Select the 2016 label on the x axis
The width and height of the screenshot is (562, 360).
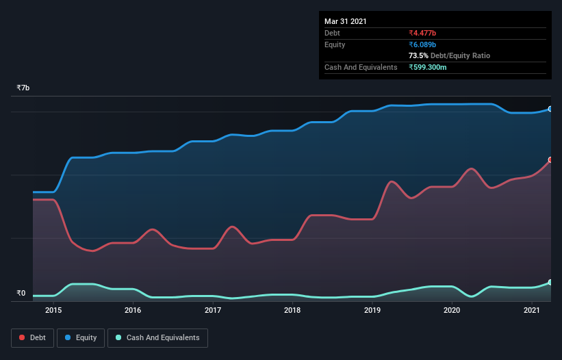point(133,311)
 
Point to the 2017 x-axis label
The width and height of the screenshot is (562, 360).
point(213,311)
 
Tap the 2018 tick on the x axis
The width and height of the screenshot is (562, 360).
point(292,311)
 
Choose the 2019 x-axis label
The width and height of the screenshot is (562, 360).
point(372,311)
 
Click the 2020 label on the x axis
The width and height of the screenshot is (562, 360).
point(452,311)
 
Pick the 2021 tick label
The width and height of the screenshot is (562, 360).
point(532,311)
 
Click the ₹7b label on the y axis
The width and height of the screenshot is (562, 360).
point(23,88)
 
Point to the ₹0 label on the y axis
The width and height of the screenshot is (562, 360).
point(21,294)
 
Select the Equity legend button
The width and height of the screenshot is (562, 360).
point(81,337)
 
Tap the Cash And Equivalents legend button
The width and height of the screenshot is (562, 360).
point(157,337)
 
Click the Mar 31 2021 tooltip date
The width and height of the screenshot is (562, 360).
point(346,21)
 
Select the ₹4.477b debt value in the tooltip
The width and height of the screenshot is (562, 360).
point(423,33)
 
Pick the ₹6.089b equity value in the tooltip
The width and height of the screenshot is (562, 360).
point(423,44)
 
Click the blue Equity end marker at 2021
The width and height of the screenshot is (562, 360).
point(550,109)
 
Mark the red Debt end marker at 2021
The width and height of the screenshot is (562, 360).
point(550,160)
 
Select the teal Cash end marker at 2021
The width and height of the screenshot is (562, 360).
point(550,283)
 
